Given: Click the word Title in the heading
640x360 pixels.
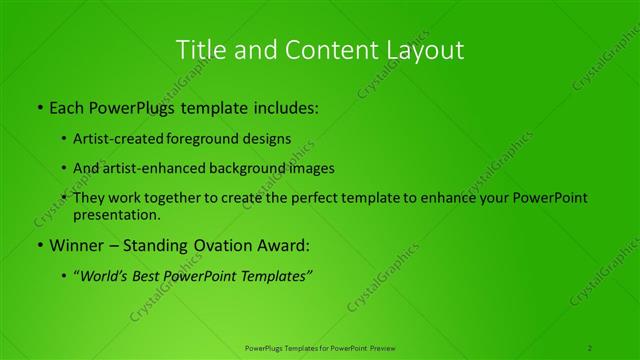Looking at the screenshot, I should coord(199,49).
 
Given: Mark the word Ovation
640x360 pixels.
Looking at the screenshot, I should coord(215,244).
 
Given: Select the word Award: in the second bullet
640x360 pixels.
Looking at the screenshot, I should coord(279,244).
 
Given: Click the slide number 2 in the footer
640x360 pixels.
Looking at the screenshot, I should coord(590,347).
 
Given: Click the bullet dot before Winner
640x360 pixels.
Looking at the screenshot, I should coord(39,244).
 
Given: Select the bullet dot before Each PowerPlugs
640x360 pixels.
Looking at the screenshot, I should coord(39,107).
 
